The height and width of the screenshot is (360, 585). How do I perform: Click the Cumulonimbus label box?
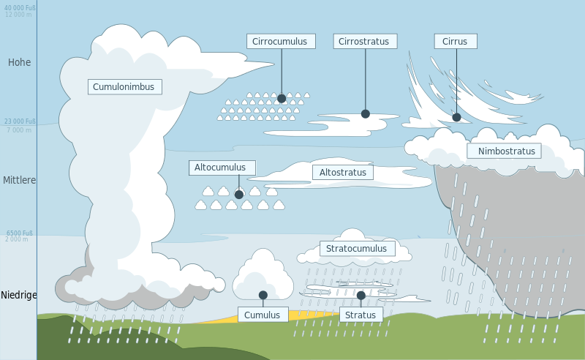click(x=125, y=87)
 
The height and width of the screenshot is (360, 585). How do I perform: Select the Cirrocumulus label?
click(x=282, y=42)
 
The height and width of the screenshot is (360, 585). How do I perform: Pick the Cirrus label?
click(x=456, y=42)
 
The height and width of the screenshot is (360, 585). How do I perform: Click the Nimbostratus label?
click(x=505, y=151)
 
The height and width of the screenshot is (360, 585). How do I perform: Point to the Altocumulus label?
click(x=222, y=168)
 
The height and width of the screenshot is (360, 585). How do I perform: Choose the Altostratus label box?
click(x=343, y=173)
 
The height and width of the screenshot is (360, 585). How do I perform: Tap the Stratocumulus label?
click(x=357, y=249)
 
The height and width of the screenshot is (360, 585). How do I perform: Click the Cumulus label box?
click(x=263, y=315)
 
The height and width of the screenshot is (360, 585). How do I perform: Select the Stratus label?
click(x=361, y=315)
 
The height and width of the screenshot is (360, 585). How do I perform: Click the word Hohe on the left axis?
click(x=20, y=63)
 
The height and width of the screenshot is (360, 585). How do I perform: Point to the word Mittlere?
click(x=19, y=180)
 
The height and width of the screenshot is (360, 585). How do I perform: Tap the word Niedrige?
click(x=18, y=296)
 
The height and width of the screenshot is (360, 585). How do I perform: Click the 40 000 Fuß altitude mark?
click(x=20, y=7)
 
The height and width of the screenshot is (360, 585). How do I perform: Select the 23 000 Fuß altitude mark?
click(x=20, y=121)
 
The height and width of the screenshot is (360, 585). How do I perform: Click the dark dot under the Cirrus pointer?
click(x=456, y=117)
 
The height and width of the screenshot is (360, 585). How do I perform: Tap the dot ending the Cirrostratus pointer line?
click(x=366, y=114)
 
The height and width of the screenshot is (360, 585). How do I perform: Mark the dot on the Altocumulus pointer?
click(x=239, y=195)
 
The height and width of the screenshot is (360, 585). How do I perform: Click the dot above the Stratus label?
click(x=361, y=296)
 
